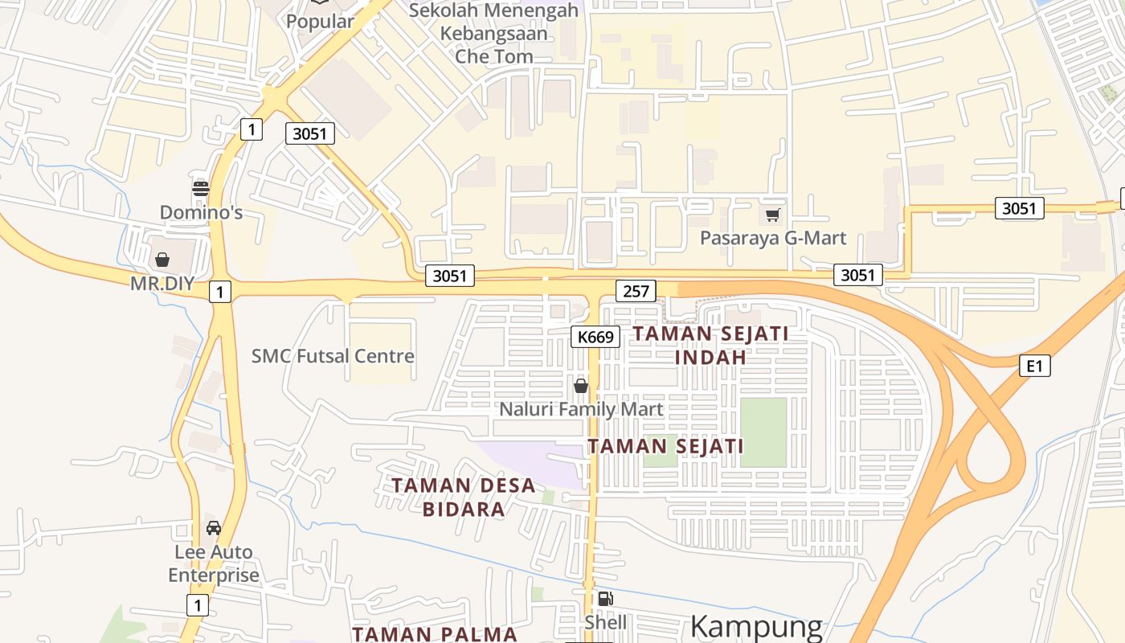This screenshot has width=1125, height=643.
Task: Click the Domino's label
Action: (201, 213)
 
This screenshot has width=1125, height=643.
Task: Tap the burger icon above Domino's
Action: (201, 190)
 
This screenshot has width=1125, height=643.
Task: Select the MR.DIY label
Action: (164, 284)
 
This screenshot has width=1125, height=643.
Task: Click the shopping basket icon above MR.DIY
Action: (162, 260)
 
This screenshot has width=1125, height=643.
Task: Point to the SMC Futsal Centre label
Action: (333, 356)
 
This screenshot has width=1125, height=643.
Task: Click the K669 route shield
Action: (595, 337)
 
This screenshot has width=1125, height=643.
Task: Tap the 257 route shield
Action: (636, 291)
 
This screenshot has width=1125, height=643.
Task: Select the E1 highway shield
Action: (1035, 367)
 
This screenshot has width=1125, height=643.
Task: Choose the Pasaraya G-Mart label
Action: (773, 239)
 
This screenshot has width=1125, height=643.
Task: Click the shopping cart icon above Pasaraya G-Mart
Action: (772, 215)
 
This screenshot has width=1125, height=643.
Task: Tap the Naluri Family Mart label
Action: (581, 409)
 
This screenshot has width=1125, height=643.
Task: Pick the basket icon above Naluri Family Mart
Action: (581, 386)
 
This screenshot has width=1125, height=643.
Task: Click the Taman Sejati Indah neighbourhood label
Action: (712, 345)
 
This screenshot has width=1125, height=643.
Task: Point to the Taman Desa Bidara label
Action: (464, 497)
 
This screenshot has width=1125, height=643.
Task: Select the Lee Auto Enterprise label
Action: (214, 563)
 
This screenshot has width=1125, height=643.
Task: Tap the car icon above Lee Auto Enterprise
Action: (213, 528)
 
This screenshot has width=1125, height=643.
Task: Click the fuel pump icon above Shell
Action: (605, 599)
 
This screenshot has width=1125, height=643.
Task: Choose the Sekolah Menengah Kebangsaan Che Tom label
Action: (493, 34)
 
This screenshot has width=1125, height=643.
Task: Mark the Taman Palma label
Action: (435, 634)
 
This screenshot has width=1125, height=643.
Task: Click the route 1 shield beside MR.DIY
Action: (219, 292)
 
